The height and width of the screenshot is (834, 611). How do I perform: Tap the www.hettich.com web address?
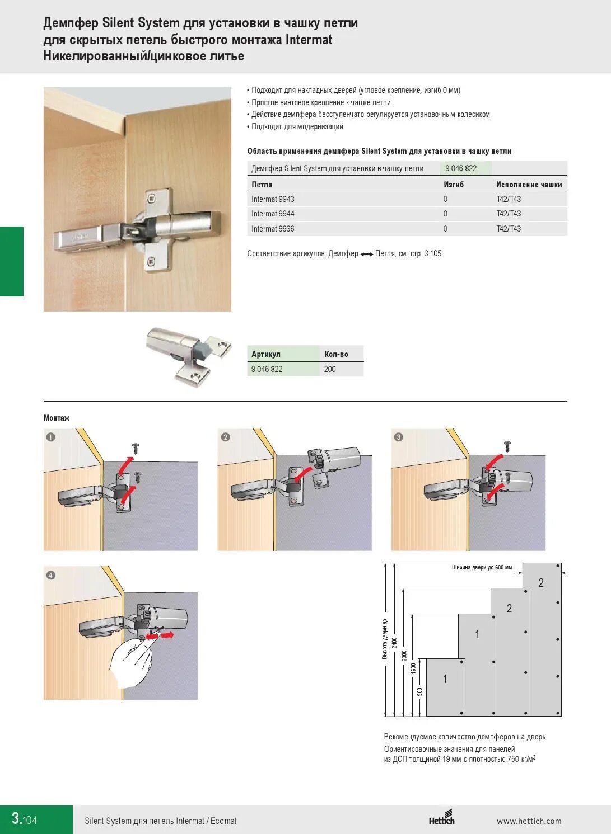(x=529, y=821)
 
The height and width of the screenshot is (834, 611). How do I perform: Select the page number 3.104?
(x=25, y=818)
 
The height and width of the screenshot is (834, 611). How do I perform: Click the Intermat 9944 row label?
(x=273, y=214)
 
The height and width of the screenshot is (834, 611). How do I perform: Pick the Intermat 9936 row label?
(x=273, y=229)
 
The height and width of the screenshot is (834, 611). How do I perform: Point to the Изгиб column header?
(x=454, y=184)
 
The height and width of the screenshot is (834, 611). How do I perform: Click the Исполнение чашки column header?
(x=529, y=184)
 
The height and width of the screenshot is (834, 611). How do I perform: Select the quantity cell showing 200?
(x=330, y=369)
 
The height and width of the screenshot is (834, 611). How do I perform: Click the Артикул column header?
(x=266, y=354)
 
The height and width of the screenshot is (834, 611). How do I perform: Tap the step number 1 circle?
(x=51, y=437)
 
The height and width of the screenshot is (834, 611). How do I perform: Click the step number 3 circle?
(x=399, y=437)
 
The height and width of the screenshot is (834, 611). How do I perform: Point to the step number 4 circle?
(x=51, y=575)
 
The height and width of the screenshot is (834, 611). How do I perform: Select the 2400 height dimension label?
(x=394, y=643)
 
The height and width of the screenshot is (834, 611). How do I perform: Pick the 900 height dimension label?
(x=420, y=692)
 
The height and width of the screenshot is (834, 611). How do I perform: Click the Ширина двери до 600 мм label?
(x=482, y=567)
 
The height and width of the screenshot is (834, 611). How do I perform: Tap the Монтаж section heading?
(x=57, y=418)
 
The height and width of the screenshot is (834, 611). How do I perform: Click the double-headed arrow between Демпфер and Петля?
(x=367, y=255)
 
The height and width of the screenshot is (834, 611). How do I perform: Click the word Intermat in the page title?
(x=309, y=40)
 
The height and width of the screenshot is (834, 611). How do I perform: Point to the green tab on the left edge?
(x=12, y=261)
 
